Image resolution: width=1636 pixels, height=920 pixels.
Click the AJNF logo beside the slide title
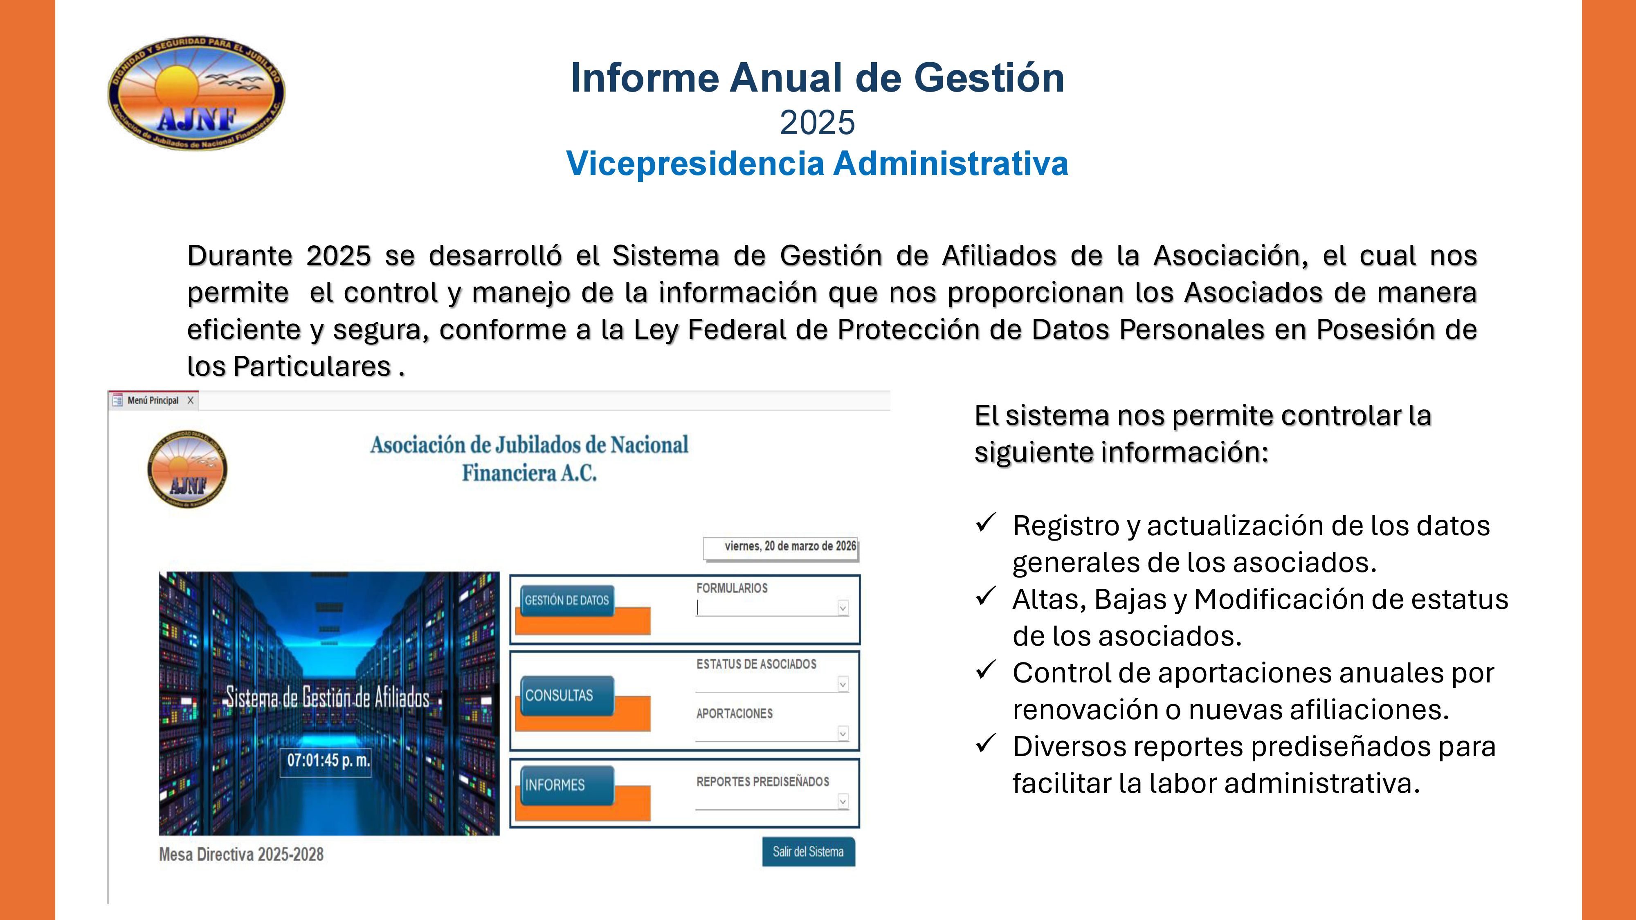pos(196,93)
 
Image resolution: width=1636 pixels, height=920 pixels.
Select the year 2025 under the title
pos(817,123)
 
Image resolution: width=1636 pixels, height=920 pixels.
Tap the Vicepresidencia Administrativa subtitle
pos(817,164)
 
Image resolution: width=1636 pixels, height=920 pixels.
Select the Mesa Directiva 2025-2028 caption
pos(241,855)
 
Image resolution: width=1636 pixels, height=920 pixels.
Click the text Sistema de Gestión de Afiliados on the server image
pos(328,698)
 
